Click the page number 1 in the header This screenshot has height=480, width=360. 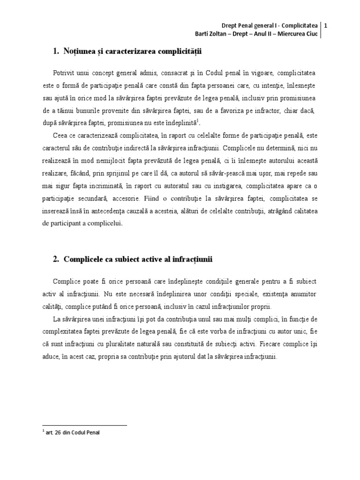(x=325, y=25)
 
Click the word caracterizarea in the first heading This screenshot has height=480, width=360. (x=138, y=51)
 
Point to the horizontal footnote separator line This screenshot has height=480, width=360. (x=84, y=426)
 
